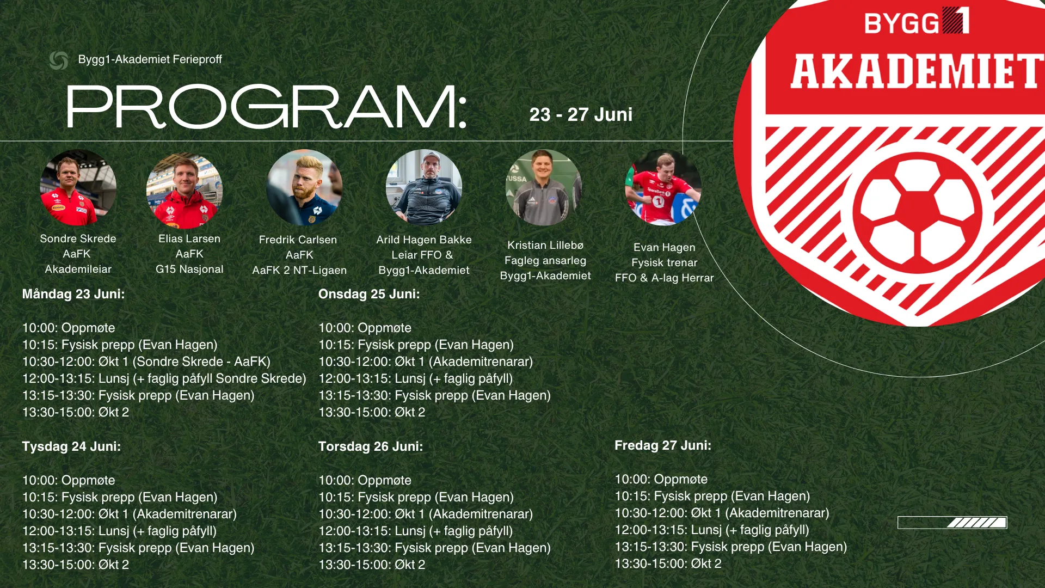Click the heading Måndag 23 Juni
(x=73, y=294)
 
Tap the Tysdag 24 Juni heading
(x=71, y=446)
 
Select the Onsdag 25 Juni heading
(x=369, y=294)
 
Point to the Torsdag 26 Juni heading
(x=371, y=446)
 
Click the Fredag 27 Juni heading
(x=663, y=445)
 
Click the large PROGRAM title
(x=267, y=107)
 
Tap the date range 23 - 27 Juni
(x=581, y=114)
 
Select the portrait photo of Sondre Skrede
(x=78, y=188)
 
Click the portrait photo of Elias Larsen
(x=185, y=191)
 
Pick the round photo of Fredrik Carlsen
(x=304, y=188)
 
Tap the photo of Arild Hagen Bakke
(x=424, y=188)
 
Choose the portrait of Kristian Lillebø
(x=543, y=188)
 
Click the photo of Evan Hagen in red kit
(x=663, y=188)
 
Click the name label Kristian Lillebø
(x=545, y=246)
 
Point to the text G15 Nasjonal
(x=189, y=269)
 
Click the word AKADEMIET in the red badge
(x=917, y=71)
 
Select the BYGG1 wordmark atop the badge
(x=917, y=21)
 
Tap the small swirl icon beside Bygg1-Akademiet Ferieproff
(x=59, y=60)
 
